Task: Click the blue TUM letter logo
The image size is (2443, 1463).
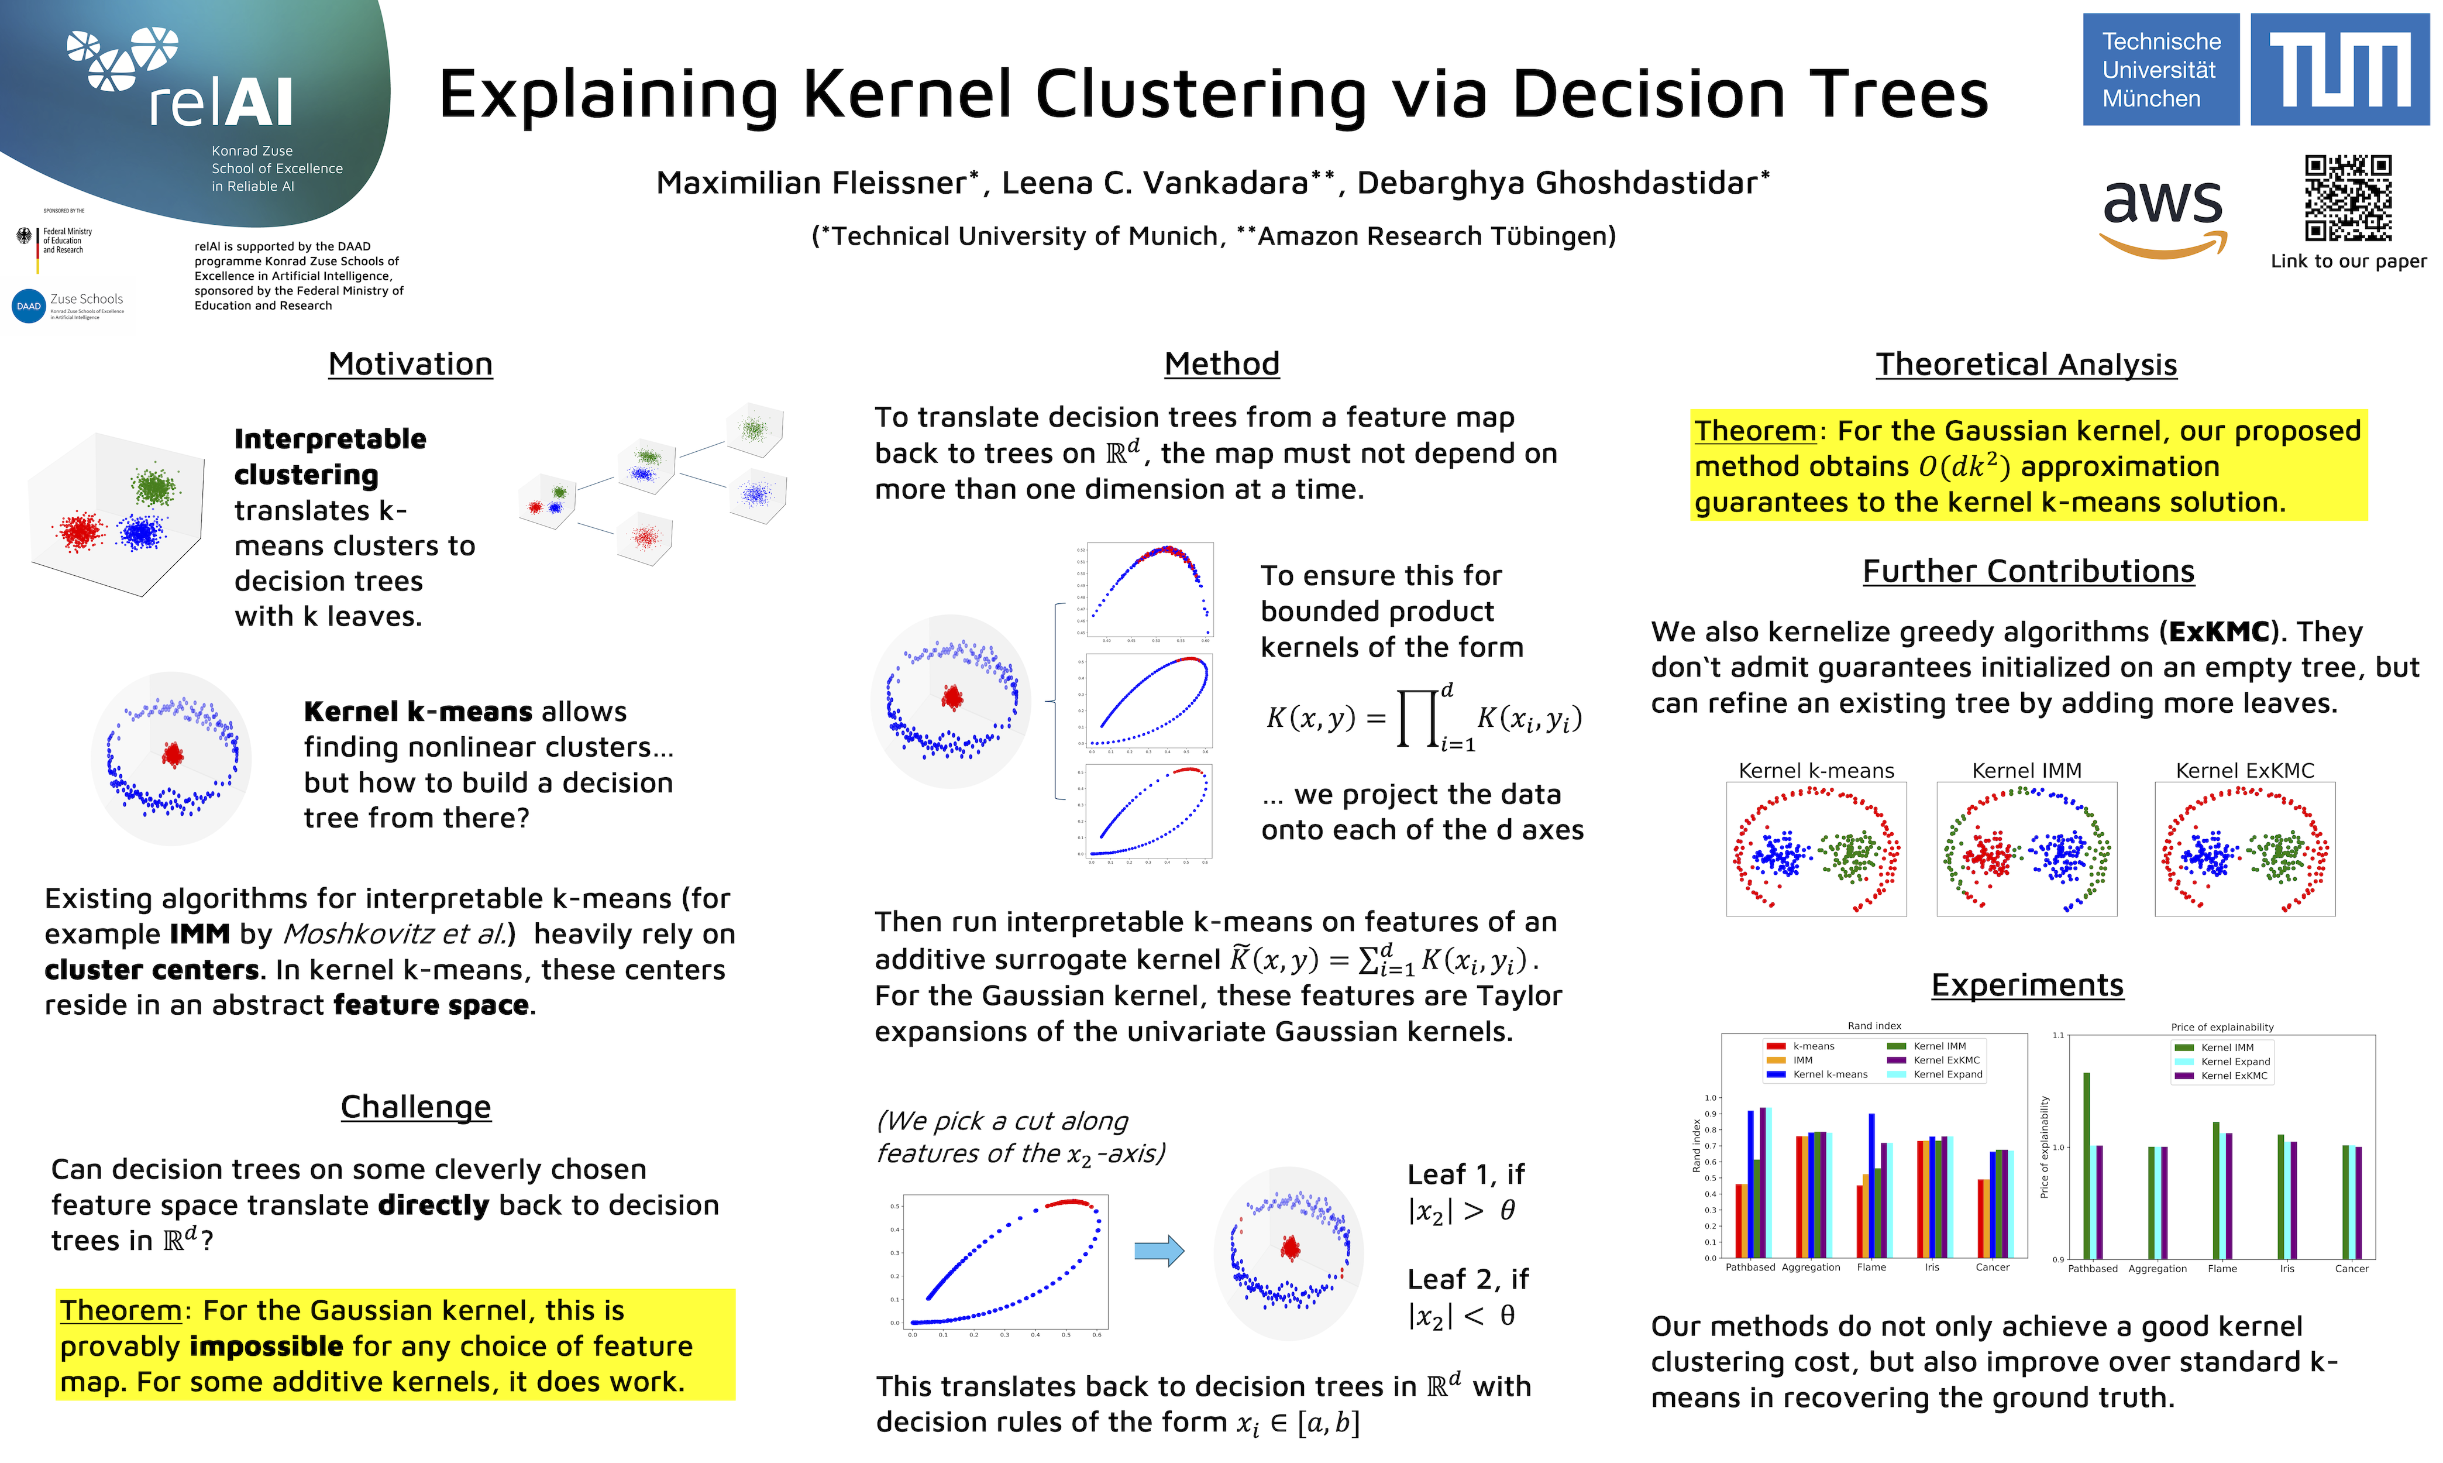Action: [2339, 69]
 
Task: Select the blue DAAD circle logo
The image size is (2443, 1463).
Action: [29, 305]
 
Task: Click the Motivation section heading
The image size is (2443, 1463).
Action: [410, 364]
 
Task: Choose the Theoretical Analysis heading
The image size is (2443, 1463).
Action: [2025, 364]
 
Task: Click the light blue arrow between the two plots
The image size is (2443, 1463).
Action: [1159, 1251]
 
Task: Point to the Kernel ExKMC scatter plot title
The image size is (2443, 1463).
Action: [2244, 770]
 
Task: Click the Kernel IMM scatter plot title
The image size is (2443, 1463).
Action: [2026, 770]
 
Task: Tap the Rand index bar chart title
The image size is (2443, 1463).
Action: [1873, 1025]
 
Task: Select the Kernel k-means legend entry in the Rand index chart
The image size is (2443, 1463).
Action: [1828, 1074]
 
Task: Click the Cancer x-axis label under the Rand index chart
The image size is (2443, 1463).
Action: [1991, 1267]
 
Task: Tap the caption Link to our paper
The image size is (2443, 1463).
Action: [2348, 261]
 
